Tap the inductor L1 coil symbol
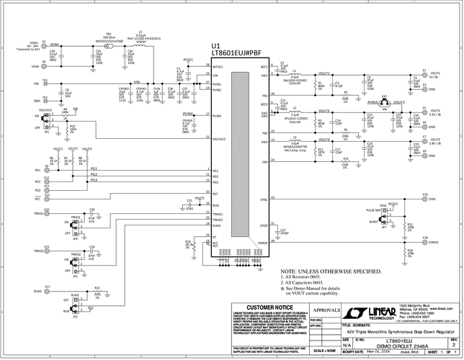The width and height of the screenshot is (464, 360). pyautogui.click(x=295, y=75)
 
